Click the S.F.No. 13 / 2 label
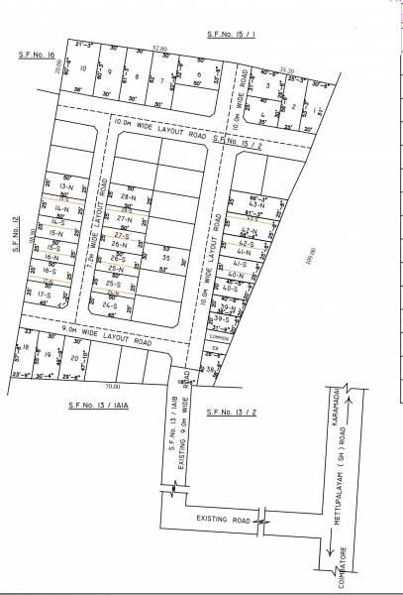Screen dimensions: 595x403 pyautogui.click(x=226, y=409)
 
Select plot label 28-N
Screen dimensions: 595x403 pyautogui.click(x=127, y=197)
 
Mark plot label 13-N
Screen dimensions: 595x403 pyautogui.click(x=66, y=186)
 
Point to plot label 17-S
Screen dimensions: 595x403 pyautogui.click(x=44, y=295)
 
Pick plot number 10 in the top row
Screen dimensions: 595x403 pyautogui.click(x=84, y=69)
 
